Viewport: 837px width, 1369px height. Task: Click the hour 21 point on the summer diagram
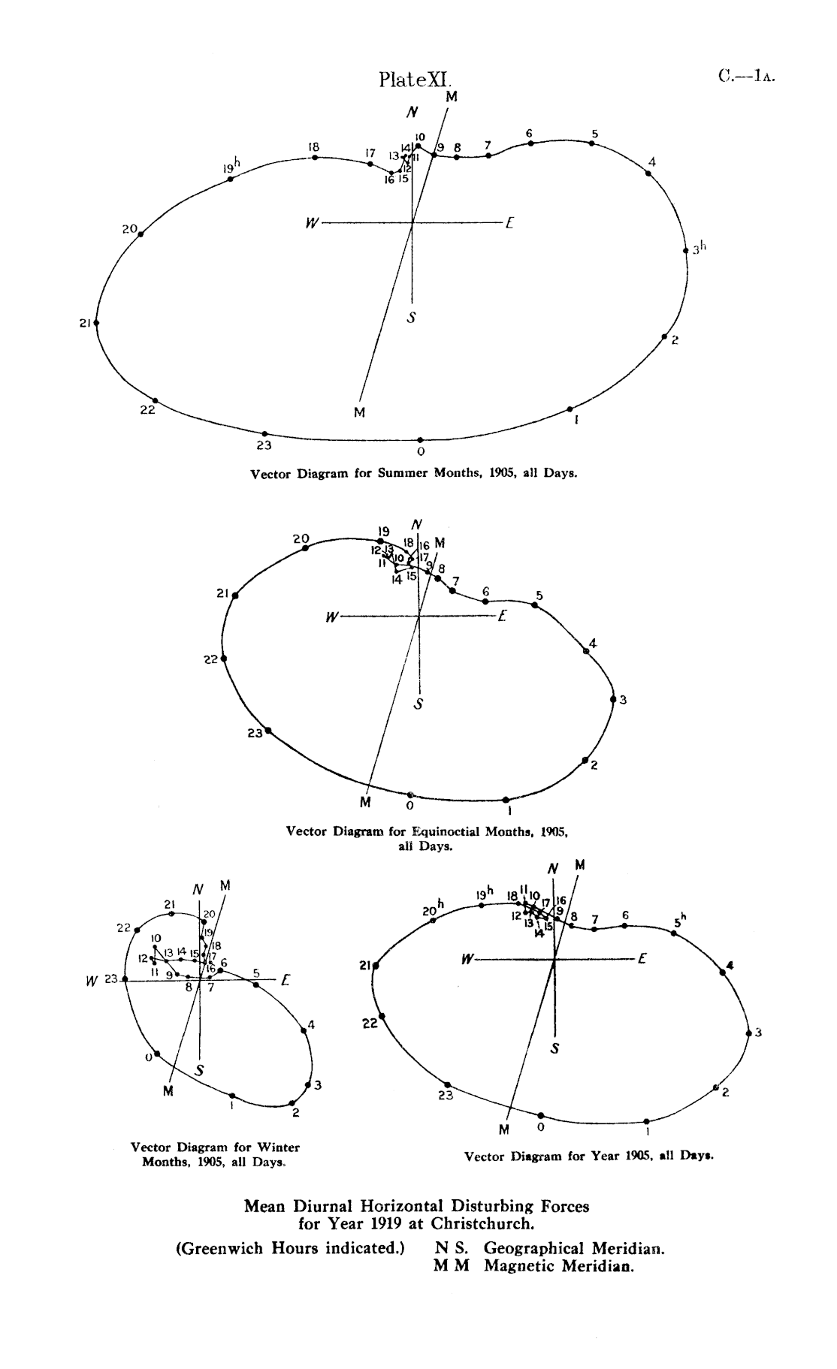[x=96, y=323]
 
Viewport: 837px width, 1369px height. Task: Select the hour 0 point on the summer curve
[x=420, y=440]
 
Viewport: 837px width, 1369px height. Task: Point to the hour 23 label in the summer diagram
[x=264, y=445]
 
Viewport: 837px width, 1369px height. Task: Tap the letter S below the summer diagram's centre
[x=411, y=318]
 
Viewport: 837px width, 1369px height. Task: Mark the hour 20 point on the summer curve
[x=141, y=234]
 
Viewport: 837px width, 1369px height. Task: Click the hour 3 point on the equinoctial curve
[x=613, y=699]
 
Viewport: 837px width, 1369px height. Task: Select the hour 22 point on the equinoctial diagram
[x=224, y=659]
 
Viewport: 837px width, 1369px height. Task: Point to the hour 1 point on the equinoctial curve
[x=506, y=800]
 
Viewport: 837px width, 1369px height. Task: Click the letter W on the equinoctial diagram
[x=331, y=617]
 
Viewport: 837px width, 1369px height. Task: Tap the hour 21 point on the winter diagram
[x=172, y=914]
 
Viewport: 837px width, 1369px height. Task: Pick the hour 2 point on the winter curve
[x=292, y=1103]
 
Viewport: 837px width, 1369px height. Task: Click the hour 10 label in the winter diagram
[x=156, y=939]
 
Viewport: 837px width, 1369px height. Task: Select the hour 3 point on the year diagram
[x=748, y=1033]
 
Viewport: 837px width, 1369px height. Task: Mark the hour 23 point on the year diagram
[x=448, y=1084]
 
